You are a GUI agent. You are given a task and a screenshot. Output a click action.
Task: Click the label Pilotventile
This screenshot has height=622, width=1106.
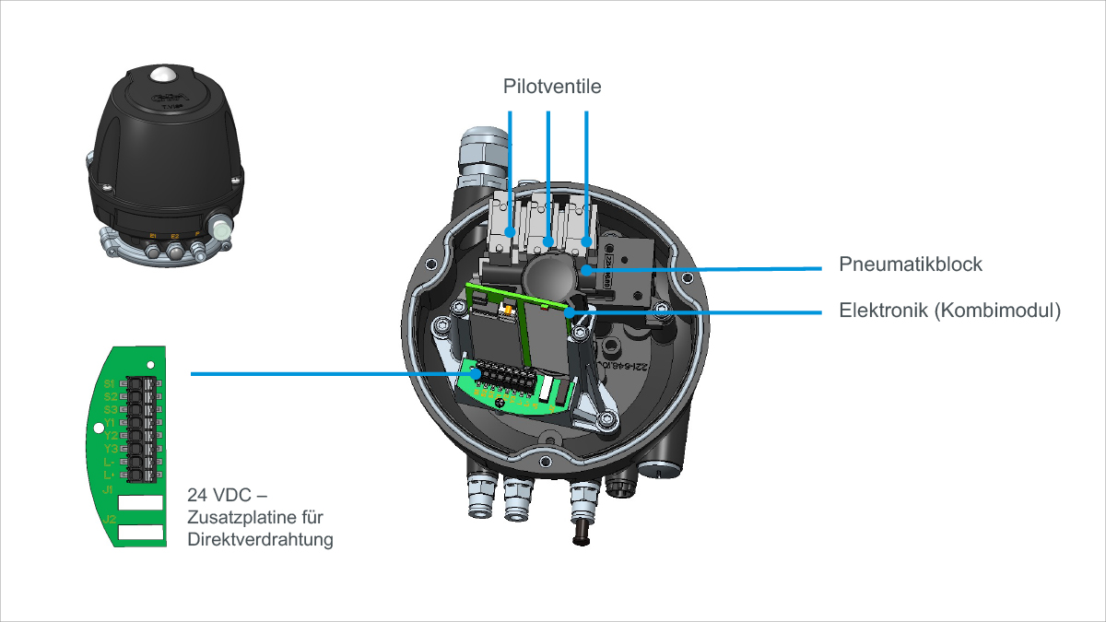[x=552, y=87]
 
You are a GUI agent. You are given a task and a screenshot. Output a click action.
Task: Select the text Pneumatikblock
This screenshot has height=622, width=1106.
[x=911, y=264]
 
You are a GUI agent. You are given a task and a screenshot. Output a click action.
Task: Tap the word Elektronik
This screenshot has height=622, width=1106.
[x=882, y=311]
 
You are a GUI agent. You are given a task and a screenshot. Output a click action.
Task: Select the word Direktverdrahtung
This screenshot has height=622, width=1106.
[x=260, y=540]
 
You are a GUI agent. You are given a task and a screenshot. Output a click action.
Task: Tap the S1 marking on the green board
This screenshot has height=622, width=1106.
[x=109, y=382]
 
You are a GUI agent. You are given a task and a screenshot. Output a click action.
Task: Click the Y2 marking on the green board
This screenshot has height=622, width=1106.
[x=110, y=435]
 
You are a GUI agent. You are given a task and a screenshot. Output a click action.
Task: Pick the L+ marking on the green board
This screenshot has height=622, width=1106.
[x=109, y=475]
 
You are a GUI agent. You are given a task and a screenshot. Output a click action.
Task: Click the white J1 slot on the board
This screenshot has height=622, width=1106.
[x=140, y=503]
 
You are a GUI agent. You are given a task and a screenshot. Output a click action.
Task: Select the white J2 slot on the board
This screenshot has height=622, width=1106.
[x=140, y=533]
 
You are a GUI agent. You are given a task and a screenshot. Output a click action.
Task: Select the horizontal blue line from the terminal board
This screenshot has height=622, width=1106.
[x=332, y=374]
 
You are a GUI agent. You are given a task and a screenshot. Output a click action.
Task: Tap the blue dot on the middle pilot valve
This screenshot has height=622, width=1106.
[x=548, y=242]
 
